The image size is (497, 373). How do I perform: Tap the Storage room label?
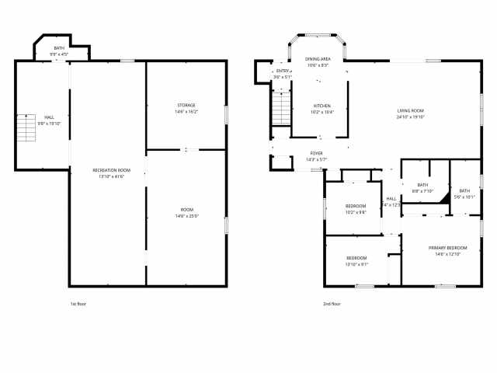pos(186,105)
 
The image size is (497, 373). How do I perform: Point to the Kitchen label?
pos(321,106)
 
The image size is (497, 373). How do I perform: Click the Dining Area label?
pos(317,59)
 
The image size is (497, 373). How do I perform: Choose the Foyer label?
pos(316,154)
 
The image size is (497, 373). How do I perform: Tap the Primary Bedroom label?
pos(447,247)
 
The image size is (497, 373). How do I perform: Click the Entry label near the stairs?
pos(282,71)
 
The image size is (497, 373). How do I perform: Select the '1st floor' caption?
pos(78,304)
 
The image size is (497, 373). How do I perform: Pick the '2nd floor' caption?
pos(332,304)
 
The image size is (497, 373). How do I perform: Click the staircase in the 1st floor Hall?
pos(26,128)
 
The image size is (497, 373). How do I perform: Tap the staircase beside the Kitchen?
pos(280,108)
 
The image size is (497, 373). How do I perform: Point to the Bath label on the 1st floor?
pos(59,48)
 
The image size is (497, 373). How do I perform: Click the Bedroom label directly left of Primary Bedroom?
pos(356,257)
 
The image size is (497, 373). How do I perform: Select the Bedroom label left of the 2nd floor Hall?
pos(356,205)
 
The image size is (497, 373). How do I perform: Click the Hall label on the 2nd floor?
pos(391,199)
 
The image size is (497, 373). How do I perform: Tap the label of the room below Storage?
pos(187,210)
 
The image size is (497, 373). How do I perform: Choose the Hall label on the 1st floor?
pos(49,117)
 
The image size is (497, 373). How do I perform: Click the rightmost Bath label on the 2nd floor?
pos(464,190)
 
